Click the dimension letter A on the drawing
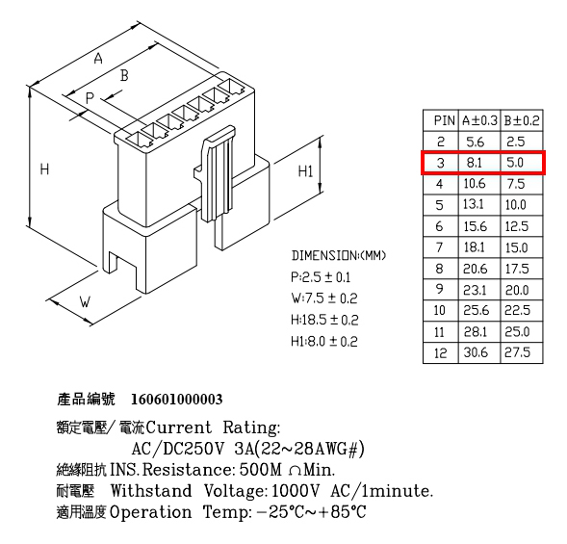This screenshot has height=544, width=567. click(x=98, y=58)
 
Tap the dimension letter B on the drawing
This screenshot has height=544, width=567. click(x=124, y=75)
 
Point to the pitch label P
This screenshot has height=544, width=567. click(x=90, y=97)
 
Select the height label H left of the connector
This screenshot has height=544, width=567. click(x=44, y=168)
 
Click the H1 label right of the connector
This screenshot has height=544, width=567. click(x=305, y=171)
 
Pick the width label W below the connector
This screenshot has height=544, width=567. click(x=85, y=301)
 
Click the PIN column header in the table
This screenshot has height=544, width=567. click(x=444, y=120)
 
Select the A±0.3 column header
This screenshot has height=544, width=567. click(x=479, y=120)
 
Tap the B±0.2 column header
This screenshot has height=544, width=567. click(x=522, y=120)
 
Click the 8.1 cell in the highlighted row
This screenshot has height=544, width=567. click(x=474, y=163)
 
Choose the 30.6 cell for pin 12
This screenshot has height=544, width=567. click(x=476, y=352)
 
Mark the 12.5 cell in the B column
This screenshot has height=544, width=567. click(x=517, y=226)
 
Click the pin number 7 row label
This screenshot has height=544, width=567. click(x=439, y=247)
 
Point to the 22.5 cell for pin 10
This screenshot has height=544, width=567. click(x=518, y=310)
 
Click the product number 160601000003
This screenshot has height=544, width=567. click(x=176, y=400)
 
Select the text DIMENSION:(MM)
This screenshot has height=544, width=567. click(x=339, y=256)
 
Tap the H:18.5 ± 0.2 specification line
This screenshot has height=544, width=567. click(x=324, y=320)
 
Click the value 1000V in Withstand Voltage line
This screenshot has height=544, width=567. click(x=296, y=491)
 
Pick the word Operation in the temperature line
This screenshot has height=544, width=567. click(x=150, y=512)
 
